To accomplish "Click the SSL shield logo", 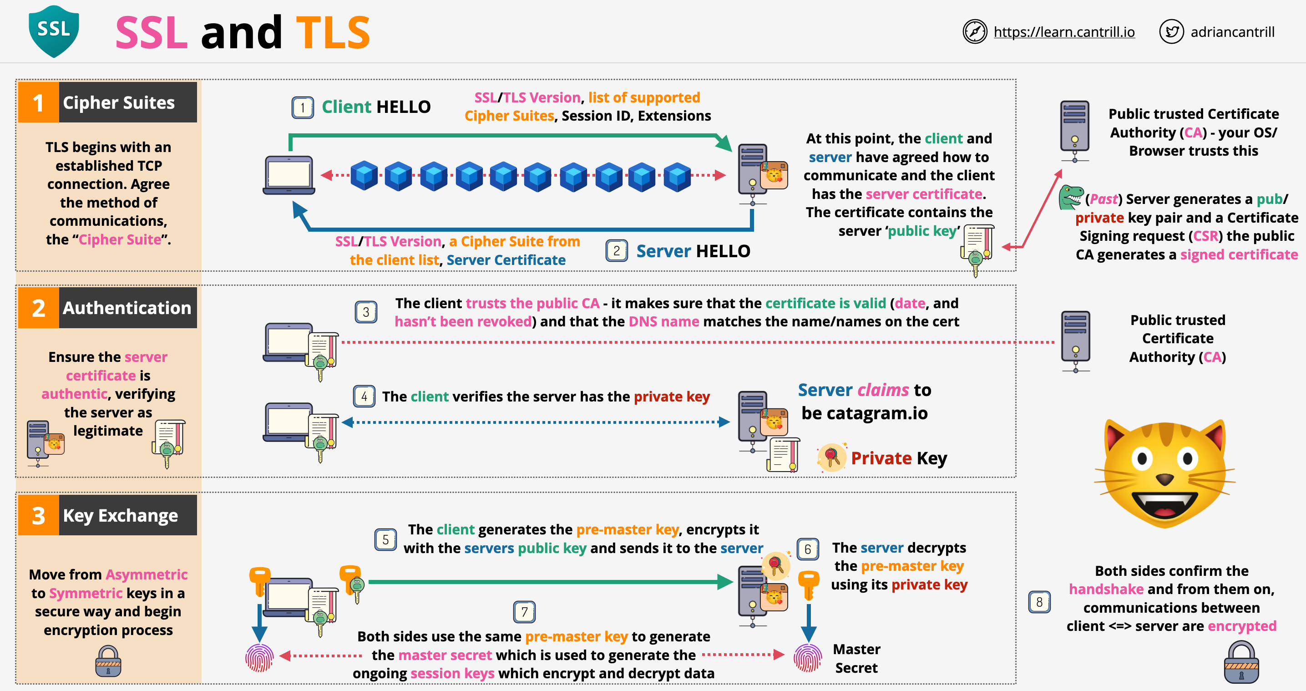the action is click(54, 31).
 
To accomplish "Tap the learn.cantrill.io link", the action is click(1063, 32).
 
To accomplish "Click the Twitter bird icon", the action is click(1171, 32).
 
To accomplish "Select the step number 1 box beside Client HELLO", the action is click(303, 107).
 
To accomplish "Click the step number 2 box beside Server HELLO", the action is click(617, 251).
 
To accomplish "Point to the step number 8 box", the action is click(1039, 602).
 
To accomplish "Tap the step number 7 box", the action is click(524, 612).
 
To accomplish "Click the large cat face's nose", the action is click(1164, 478).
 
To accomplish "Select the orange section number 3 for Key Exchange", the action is click(39, 515).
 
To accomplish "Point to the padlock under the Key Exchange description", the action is click(108, 661).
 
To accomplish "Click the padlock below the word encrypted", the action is click(1241, 661).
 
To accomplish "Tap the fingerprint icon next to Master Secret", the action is click(808, 658).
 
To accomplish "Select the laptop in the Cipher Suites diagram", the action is click(289, 175).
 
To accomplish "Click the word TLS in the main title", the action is click(333, 32).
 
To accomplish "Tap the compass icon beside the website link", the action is click(974, 32).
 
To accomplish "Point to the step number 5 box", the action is click(385, 539).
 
